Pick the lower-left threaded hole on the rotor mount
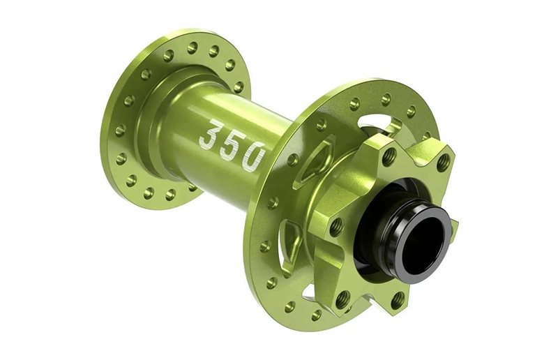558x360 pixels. coord(342,298)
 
